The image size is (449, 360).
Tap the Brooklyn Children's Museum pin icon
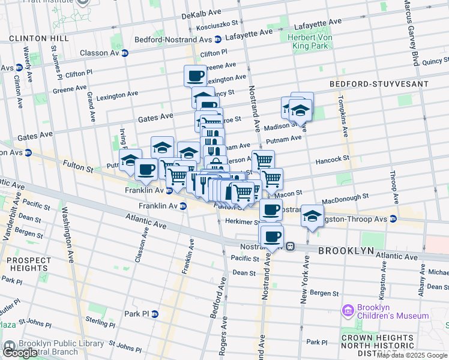tap(347, 311)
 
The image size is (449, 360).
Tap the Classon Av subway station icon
tap(125, 53)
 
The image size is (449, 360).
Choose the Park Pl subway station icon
tap(154, 314)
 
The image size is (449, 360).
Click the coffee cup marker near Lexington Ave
tap(195, 76)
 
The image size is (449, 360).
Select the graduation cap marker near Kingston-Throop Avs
tap(312, 217)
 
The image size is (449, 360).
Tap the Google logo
tap(21, 353)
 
